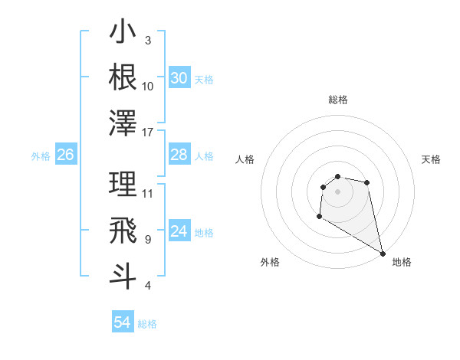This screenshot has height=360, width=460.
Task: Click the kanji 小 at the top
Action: coord(123,33)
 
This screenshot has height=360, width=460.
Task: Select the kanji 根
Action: coord(123,77)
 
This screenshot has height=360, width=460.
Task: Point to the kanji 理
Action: coord(123,183)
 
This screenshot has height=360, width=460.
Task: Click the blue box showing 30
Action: coord(179,78)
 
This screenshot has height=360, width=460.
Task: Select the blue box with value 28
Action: coord(179,155)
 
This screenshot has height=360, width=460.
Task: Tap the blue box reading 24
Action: coord(179,231)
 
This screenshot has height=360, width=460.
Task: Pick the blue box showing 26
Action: coord(65,155)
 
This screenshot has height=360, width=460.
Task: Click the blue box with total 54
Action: coord(123,322)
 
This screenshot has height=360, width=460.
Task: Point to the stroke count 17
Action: coord(148,133)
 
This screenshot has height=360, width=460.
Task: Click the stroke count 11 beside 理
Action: coord(148,193)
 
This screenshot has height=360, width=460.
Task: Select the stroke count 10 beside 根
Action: coord(148,87)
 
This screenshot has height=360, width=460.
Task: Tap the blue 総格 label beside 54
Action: coord(147,324)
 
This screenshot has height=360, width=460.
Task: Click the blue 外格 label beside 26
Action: coord(41,156)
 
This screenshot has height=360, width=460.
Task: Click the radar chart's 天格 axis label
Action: coord(432,159)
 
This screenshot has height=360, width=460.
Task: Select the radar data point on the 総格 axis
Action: coord(337,176)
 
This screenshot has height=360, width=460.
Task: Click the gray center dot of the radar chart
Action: coord(337,191)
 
